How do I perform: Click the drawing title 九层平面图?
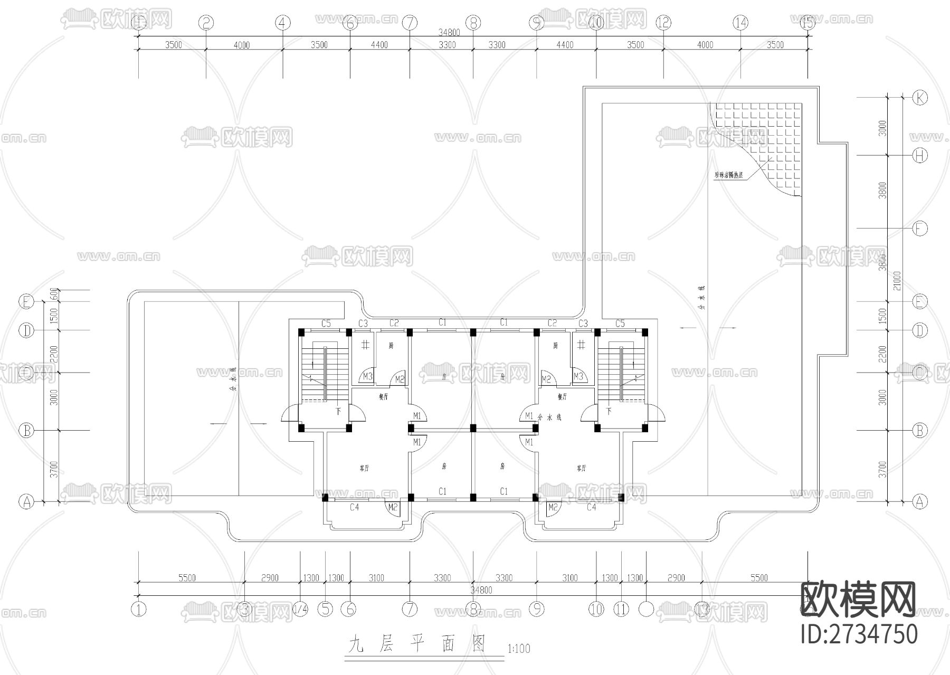(416, 645)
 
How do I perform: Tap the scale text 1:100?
(518, 649)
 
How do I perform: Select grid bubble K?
(920, 98)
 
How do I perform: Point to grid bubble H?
(920, 155)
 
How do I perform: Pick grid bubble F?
(920, 229)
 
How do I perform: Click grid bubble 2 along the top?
(206, 23)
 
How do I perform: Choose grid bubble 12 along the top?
(663, 23)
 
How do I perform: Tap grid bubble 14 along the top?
(740, 23)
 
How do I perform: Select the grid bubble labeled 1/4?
(300, 610)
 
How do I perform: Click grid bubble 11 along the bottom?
(621, 610)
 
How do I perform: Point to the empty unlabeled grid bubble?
(646, 610)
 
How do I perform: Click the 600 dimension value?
(53, 295)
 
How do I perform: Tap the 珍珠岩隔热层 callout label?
(728, 175)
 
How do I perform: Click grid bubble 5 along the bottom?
(326, 610)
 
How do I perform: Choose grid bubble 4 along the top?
(283, 23)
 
